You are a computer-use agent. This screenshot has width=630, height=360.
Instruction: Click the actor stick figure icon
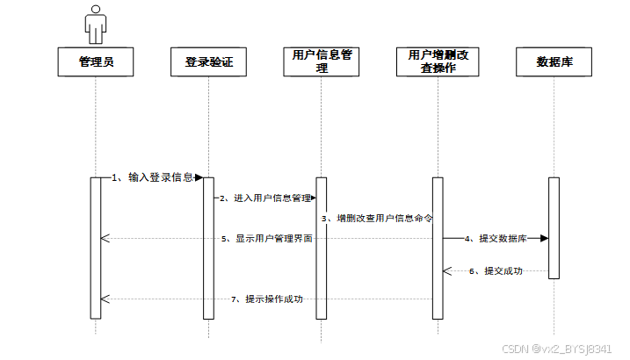(95, 23)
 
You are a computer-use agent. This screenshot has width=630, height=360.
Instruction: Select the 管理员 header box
(95, 61)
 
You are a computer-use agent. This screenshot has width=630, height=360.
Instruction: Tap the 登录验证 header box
(209, 61)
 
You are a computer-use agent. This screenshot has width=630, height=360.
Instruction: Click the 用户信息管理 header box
(322, 61)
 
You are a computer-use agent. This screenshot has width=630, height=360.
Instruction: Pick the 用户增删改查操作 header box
(438, 61)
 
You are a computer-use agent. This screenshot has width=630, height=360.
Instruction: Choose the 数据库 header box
(554, 61)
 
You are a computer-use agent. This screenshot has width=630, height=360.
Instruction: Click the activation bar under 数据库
(554, 228)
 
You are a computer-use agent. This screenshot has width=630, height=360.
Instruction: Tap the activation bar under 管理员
(96, 248)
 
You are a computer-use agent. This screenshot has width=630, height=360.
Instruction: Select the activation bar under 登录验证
(208, 248)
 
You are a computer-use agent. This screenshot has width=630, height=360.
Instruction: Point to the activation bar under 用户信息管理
(322, 248)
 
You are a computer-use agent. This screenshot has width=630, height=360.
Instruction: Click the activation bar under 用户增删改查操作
(437, 248)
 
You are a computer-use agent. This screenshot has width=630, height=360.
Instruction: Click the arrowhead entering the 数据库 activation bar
(544, 238)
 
